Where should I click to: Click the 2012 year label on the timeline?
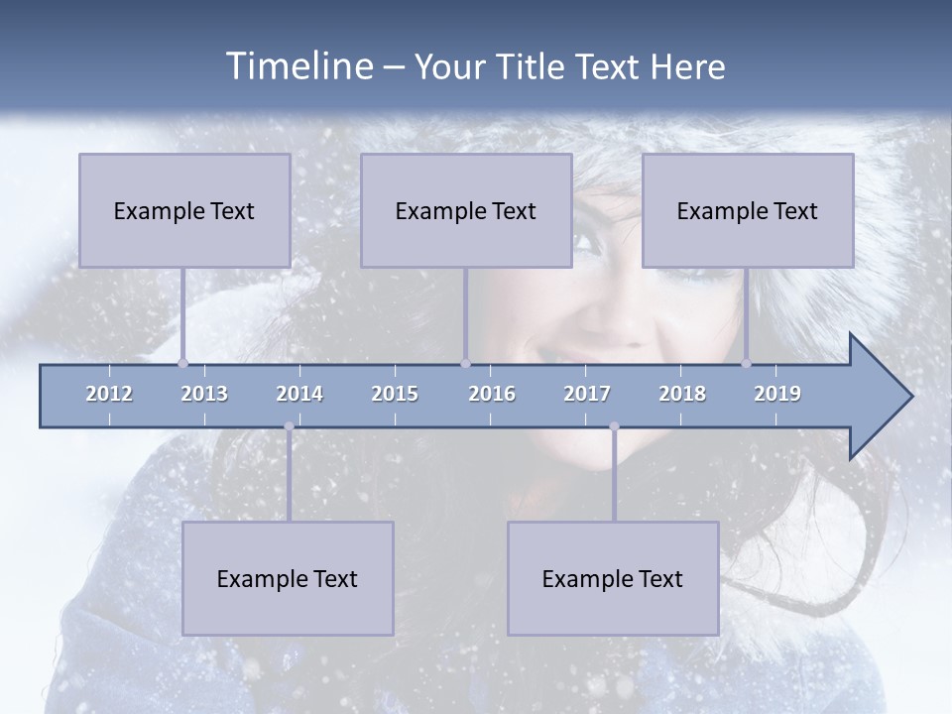coord(109,394)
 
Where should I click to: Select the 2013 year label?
coord(204,394)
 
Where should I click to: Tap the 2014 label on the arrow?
coord(299,394)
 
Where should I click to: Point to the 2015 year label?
coord(395,394)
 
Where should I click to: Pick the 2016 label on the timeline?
coord(492,394)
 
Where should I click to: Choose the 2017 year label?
coord(587,394)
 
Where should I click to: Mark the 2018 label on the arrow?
coord(682,394)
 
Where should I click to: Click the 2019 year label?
coord(777,394)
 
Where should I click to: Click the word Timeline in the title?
coord(297,66)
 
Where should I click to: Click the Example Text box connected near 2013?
coord(184,210)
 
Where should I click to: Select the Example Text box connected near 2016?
coord(466,210)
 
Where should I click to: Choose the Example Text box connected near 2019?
coord(748,210)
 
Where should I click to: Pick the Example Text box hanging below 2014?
coord(288,578)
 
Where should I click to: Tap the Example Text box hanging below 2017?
coord(613,578)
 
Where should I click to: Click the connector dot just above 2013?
coord(182,363)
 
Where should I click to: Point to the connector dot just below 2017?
coord(614,426)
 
